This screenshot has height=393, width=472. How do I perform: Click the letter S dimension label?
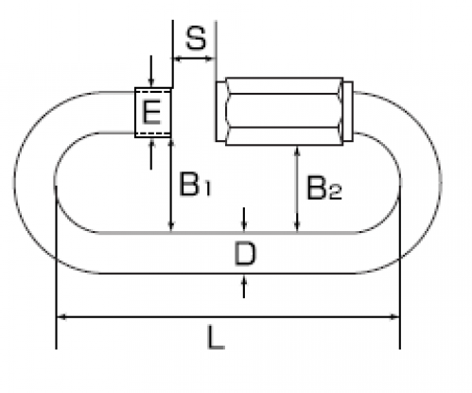point(196,38)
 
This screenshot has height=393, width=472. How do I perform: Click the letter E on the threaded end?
point(152,112)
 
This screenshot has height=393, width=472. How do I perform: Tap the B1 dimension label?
point(195,184)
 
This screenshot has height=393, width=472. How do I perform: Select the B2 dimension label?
point(324,188)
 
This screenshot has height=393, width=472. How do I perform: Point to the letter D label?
point(245,254)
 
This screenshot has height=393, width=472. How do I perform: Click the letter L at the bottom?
point(216,338)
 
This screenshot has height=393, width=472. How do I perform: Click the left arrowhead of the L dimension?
point(62,316)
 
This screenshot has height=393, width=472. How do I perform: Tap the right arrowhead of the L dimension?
point(393,316)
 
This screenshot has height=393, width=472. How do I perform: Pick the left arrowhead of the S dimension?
point(178,59)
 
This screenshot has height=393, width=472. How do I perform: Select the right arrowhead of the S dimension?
point(210,59)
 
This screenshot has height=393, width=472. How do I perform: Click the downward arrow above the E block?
point(151,71)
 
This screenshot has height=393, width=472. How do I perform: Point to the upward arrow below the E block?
point(151,153)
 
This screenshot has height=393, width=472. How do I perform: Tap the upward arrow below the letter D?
point(244,286)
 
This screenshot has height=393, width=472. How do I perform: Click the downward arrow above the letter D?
point(244,220)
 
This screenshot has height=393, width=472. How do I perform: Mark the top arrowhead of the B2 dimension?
point(297,152)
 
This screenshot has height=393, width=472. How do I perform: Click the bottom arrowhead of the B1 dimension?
point(170,226)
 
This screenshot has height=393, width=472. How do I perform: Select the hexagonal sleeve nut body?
point(284,111)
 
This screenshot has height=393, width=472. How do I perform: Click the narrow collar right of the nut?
point(348,111)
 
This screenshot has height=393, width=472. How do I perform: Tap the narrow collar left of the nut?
point(220,111)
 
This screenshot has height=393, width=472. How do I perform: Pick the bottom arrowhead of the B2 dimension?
point(297,226)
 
